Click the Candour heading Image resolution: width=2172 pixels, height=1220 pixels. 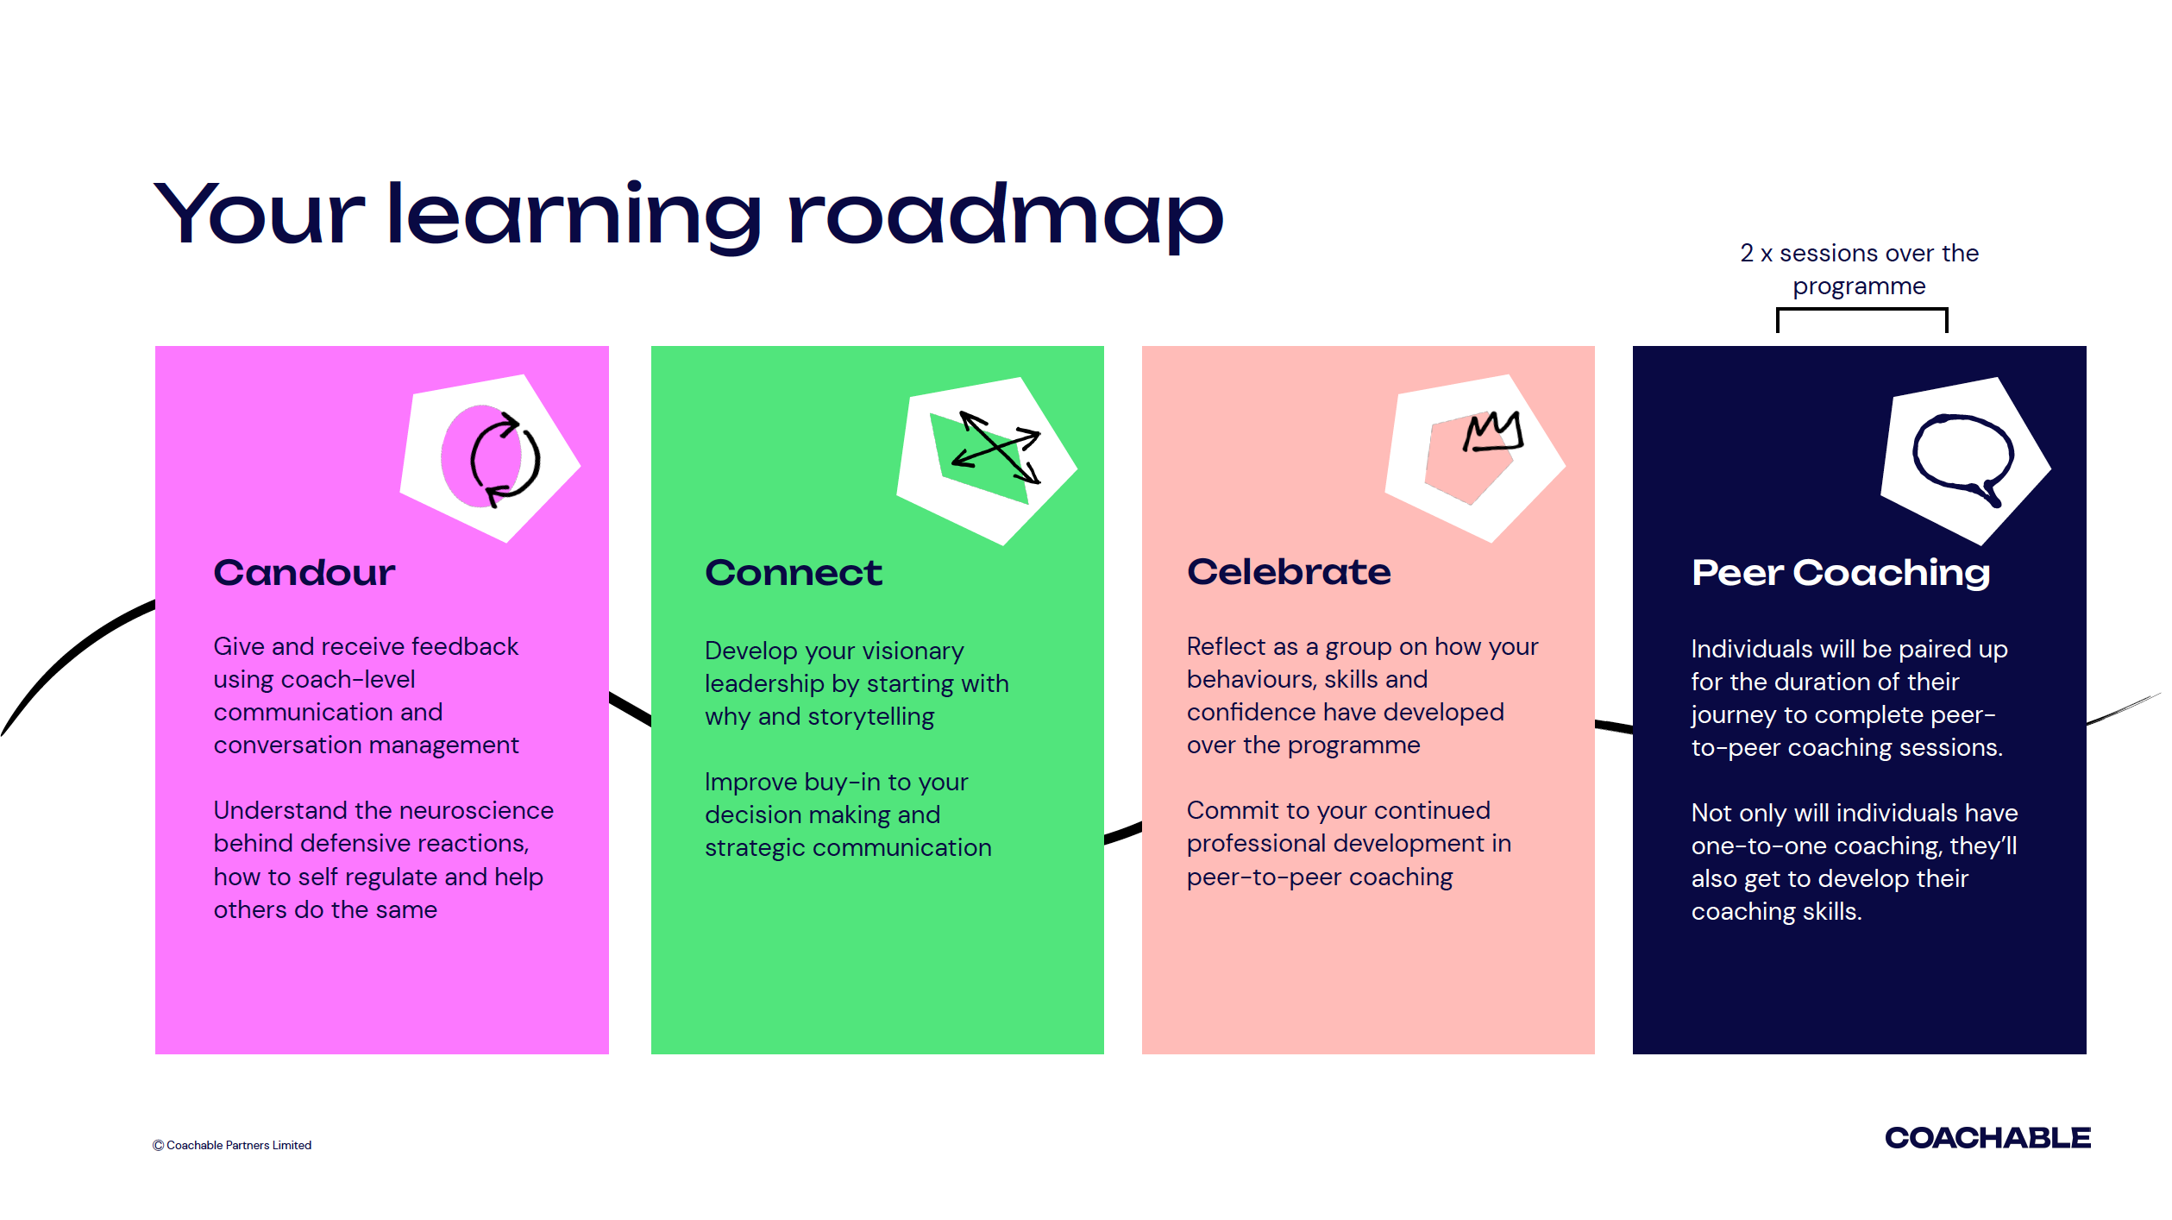point(304,573)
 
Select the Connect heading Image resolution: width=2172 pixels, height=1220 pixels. point(793,573)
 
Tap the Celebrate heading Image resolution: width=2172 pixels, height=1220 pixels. point(1288,572)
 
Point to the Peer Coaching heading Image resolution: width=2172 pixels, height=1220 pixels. point(1840,573)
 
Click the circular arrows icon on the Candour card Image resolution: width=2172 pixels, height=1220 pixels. point(504,459)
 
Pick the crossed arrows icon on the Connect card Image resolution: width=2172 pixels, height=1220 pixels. point(998,448)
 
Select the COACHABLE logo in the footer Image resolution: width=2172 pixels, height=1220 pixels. point(1987,1138)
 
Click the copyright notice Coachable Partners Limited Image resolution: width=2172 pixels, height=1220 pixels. point(232,1145)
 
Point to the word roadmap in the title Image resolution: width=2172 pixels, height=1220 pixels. point(1005,216)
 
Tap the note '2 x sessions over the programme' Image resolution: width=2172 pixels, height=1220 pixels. point(1859,269)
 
